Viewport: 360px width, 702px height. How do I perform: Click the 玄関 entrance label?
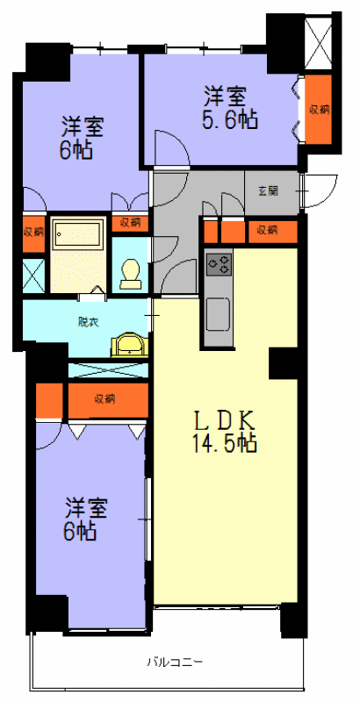tap(268, 191)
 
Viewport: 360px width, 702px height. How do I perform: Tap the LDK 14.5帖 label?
tap(224, 431)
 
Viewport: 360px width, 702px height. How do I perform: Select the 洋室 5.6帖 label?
tap(231, 109)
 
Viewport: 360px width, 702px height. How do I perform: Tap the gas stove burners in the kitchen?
tap(219, 264)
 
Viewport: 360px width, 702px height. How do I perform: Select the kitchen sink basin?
tap(218, 314)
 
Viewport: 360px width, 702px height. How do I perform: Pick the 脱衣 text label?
tap(86, 322)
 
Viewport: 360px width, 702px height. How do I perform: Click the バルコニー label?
tap(175, 661)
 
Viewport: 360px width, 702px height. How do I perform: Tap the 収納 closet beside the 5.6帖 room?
tap(320, 110)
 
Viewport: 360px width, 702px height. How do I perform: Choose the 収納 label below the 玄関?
tap(267, 230)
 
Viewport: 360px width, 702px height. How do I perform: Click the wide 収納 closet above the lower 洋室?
tap(108, 400)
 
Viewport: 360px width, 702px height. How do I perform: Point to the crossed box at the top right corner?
tap(320, 42)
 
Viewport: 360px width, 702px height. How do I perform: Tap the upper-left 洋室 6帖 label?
tap(82, 138)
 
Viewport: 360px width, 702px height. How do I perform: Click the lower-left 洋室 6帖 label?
tap(85, 519)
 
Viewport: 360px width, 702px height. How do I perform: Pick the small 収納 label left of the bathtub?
tap(33, 232)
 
